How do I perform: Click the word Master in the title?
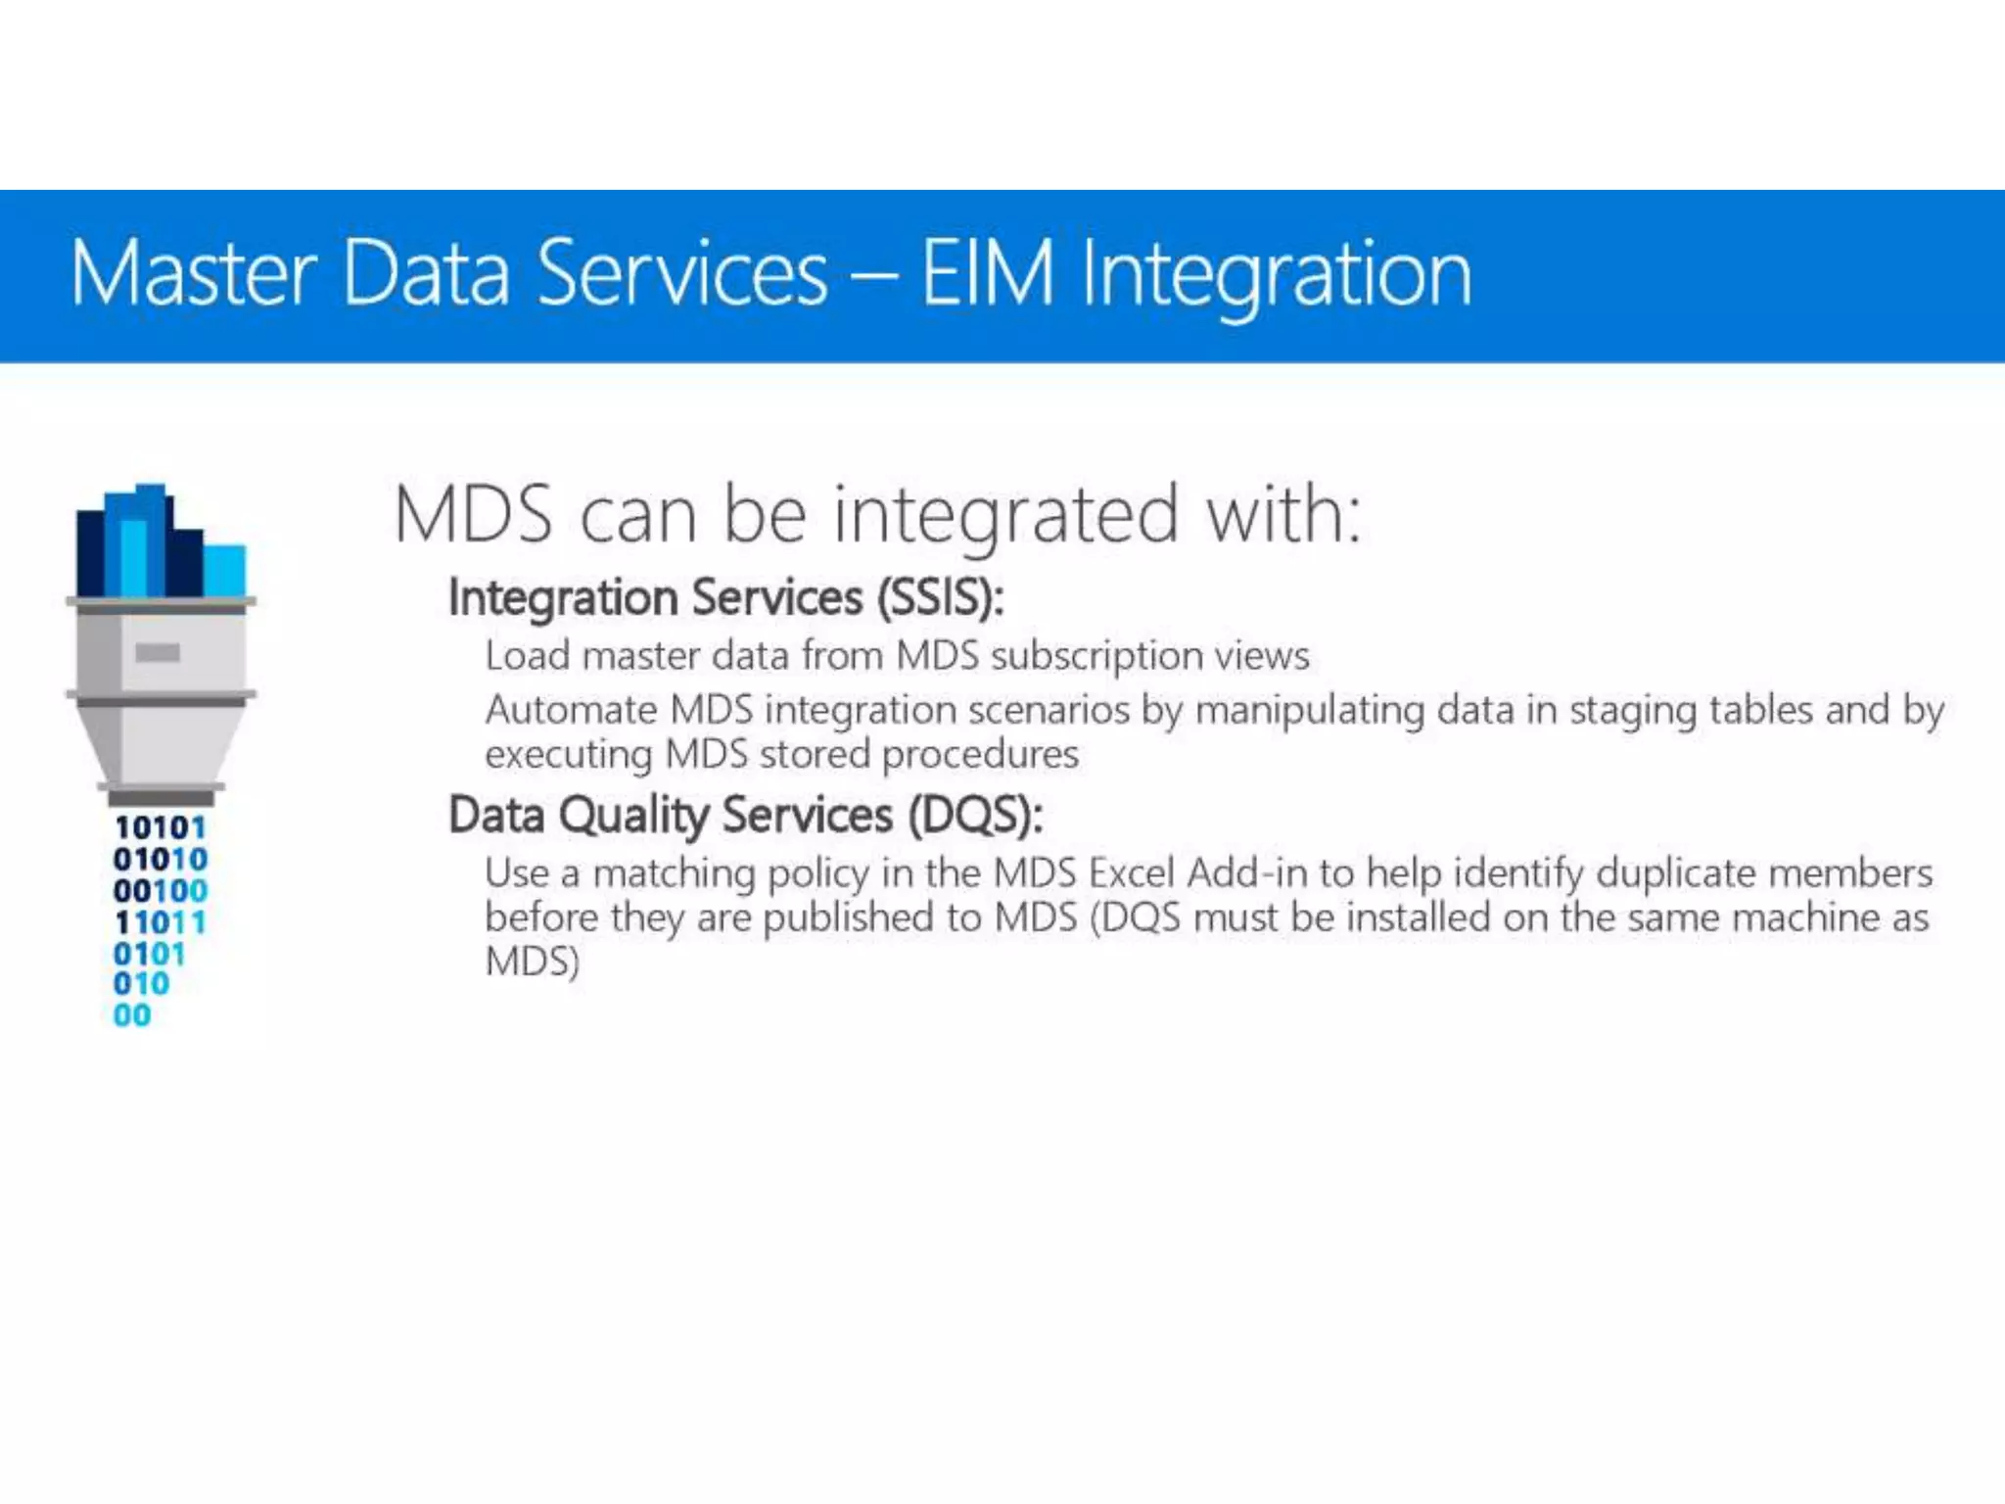click(194, 274)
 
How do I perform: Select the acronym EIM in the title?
click(987, 274)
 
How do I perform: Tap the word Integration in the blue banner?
click(1276, 276)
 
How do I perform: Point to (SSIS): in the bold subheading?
click(940, 597)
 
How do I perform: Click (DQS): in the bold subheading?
click(975, 815)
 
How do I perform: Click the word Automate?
click(571, 710)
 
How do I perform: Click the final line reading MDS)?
click(533, 962)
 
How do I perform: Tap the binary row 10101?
click(160, 828)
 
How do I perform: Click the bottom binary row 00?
click(132, 1015)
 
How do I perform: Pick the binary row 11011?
click(160, 922)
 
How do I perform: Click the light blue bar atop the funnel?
click(225, 571)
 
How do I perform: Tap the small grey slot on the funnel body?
click(158, 652)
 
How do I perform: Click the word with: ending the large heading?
click(1283, 514)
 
